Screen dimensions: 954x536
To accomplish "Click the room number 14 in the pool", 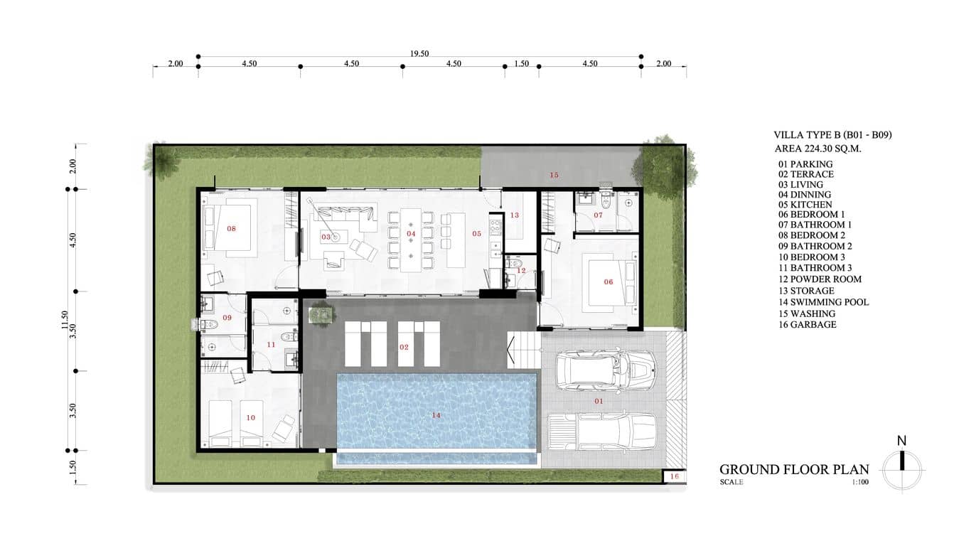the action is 436,415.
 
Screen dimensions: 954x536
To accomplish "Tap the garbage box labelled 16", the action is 675,476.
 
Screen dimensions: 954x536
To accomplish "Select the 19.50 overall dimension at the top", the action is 419,53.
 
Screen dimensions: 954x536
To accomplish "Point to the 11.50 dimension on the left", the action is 64,320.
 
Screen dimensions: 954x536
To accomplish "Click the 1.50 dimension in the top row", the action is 521,63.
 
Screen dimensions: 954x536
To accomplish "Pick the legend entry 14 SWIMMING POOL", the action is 823,302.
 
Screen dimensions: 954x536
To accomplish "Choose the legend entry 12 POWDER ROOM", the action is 820,279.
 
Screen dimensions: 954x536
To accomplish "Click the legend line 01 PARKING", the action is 805,164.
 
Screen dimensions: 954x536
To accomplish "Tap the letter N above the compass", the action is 901,441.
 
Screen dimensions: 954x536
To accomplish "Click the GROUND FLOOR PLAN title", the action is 794,469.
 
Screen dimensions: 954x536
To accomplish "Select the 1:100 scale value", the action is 860,482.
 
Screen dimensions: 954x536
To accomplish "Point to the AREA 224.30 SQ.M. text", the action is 818,149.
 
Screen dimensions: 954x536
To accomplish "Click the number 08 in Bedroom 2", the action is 231,229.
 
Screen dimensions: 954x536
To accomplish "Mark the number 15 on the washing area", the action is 554,175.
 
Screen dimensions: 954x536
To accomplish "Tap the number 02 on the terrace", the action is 404,348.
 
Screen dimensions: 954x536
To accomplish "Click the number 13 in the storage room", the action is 515,215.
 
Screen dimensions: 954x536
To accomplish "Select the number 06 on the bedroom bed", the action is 609,282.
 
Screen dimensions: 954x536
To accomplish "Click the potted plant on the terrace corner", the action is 321,313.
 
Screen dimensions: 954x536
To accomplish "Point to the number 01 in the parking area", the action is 599,401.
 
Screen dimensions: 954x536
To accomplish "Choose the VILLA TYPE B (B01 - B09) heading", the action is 832,135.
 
